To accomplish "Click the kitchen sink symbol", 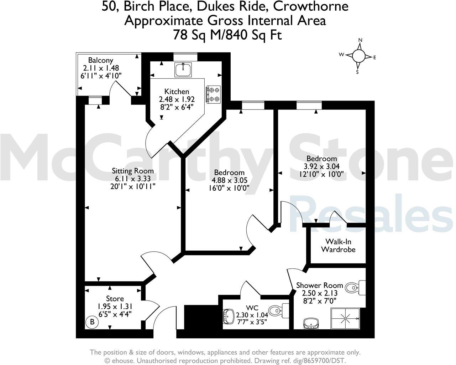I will [x=183, y=69].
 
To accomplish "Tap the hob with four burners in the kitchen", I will [x=213, y=94].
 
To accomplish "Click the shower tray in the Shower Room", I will [x=345, y=319].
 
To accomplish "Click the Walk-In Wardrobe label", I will [x=338, y=246].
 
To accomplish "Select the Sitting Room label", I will [x=133, y=171].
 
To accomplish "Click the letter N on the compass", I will [x=360, y=40].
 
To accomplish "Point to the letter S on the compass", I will [x=357, y=72].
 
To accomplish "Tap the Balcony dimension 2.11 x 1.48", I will [x=101, y=68].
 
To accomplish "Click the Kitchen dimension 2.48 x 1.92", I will [x=177, y=99].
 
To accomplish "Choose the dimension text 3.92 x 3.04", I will [x=322, y=166].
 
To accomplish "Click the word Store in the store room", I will [x=115, y=299].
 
